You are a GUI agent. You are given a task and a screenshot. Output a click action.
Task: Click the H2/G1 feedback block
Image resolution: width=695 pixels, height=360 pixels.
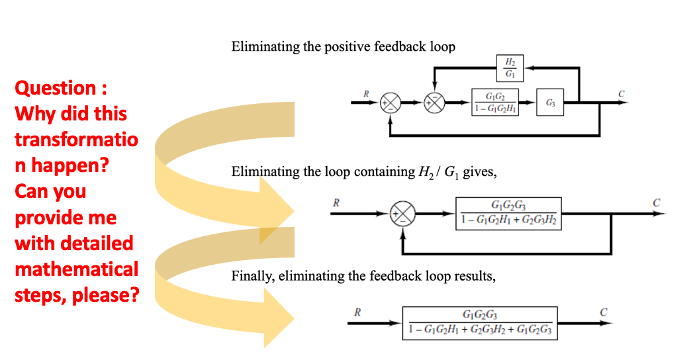point(510,67)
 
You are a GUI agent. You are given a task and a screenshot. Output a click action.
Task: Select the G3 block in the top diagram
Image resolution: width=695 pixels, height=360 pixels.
point(550,103)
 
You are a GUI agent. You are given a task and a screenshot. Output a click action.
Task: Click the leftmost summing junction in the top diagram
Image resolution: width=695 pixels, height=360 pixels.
point(391,103)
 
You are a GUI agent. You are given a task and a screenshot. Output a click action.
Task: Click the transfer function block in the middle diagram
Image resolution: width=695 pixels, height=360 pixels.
point(508,214)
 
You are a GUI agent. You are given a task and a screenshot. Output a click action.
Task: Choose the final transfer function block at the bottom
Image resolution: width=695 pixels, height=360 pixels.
point(481,322)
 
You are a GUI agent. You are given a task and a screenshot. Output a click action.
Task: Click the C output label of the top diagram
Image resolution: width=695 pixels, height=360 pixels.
point(620,93)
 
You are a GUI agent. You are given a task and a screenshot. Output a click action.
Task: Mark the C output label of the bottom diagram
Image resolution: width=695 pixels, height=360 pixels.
point(603,312)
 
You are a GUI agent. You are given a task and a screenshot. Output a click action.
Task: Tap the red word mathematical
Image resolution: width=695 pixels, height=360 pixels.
point(76,269)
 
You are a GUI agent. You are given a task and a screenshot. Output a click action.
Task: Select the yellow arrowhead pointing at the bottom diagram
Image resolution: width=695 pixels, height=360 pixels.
point(279,316)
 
